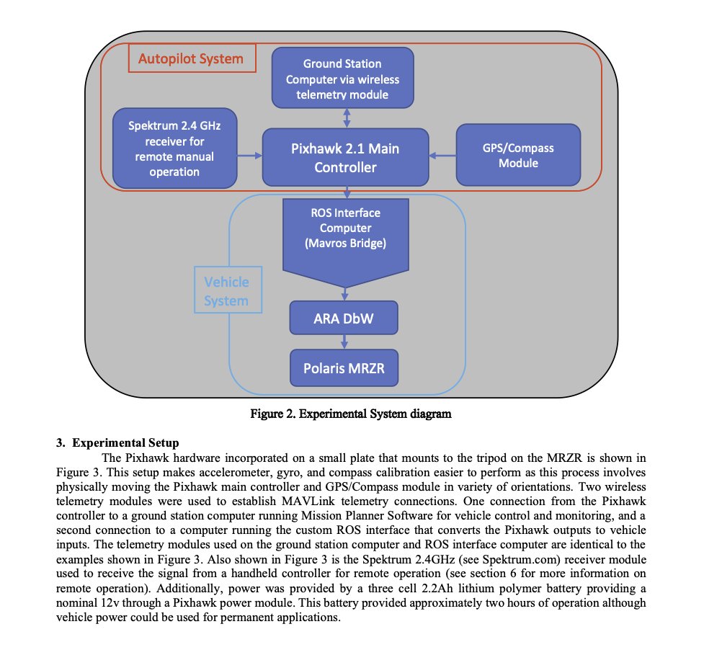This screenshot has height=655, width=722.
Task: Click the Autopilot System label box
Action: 192,58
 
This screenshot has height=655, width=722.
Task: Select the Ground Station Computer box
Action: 342,78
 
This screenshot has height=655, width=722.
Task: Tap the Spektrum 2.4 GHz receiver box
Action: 174,148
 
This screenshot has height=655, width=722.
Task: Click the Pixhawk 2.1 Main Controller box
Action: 345,158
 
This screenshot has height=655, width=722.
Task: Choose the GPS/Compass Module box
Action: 519,155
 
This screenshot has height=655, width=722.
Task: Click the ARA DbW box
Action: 344,318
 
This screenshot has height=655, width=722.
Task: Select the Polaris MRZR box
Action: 344,368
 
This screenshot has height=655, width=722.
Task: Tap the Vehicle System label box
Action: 228,290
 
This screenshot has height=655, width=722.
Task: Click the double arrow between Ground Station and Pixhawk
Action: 347,118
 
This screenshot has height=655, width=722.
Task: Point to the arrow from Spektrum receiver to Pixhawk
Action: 249,156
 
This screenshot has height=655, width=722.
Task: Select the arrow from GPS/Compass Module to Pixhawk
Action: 442,156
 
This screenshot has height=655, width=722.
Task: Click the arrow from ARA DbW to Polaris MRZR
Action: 344,342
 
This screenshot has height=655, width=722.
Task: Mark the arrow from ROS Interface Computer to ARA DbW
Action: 344,294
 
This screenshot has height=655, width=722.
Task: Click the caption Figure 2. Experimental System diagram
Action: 351,414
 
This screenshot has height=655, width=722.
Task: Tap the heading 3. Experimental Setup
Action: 117,442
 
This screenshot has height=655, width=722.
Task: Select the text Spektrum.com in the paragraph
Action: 516,560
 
